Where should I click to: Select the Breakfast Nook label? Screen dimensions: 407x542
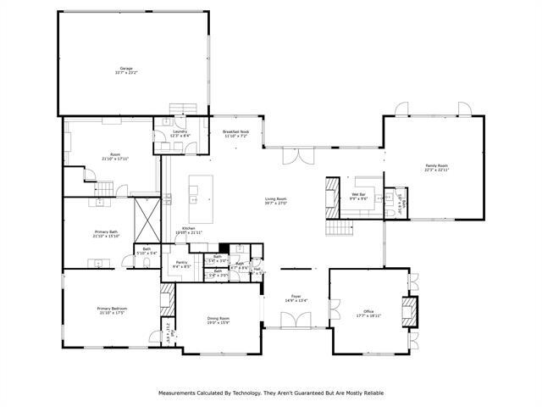coord(235,131)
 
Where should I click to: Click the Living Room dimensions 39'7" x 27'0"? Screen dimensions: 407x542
coord(277,203)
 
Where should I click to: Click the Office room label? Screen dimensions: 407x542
coord(368,311)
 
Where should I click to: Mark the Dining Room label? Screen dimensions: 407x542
coord(218,318)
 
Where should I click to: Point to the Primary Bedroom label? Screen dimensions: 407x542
coord(111,309)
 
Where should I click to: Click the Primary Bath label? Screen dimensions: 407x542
coord(107,231)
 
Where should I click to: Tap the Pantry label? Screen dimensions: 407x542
coord(181,263)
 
